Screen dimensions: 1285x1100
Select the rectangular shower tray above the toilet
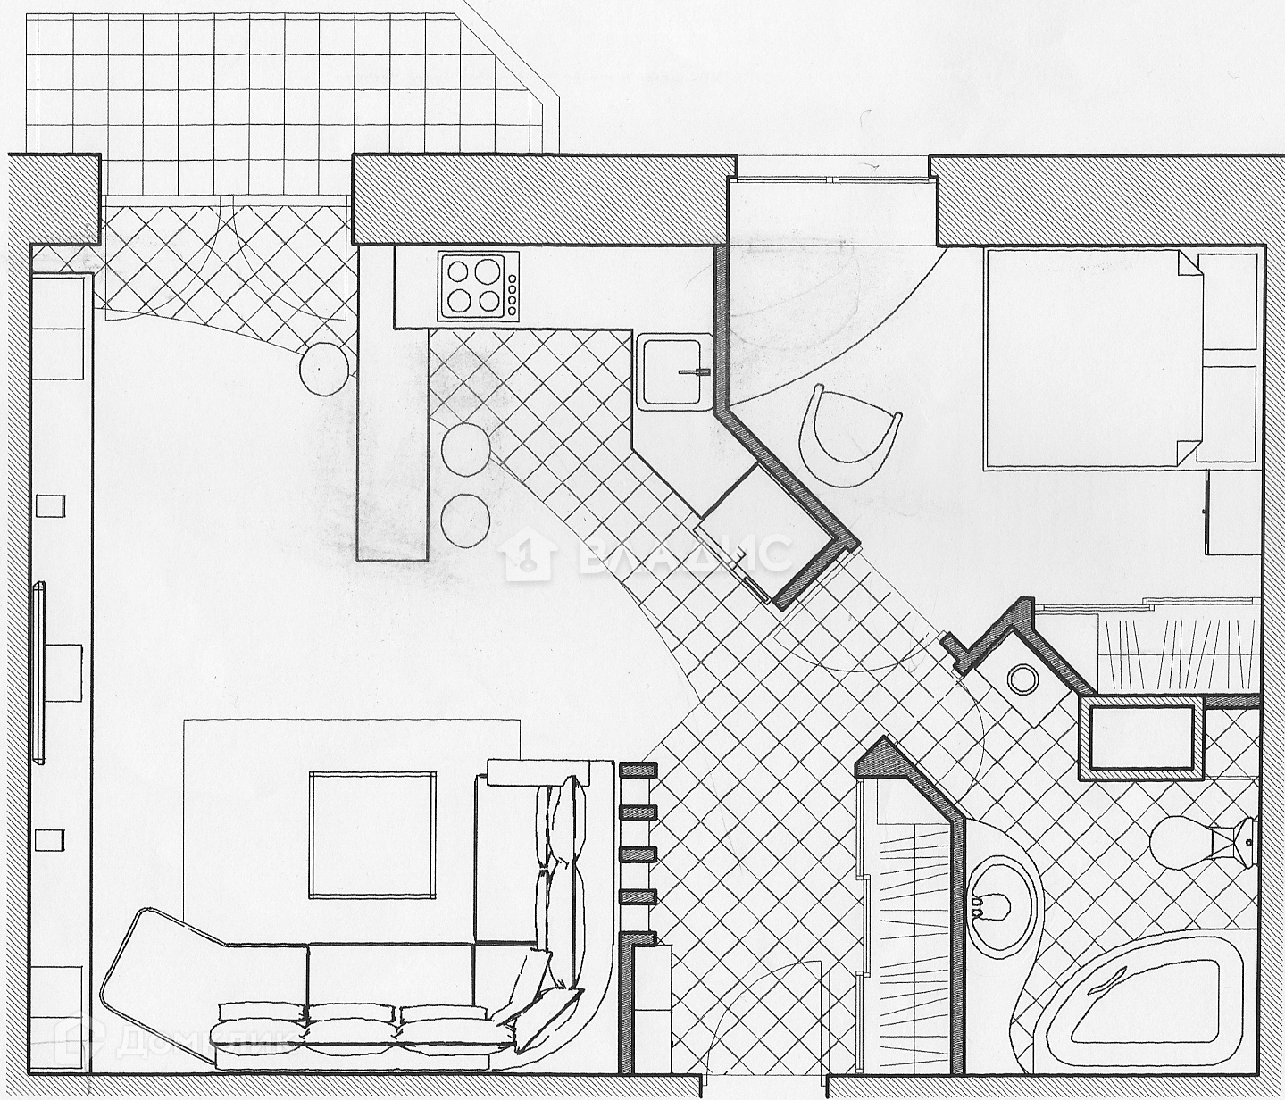[1143, 737]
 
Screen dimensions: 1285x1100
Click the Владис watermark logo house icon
[529, 555]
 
